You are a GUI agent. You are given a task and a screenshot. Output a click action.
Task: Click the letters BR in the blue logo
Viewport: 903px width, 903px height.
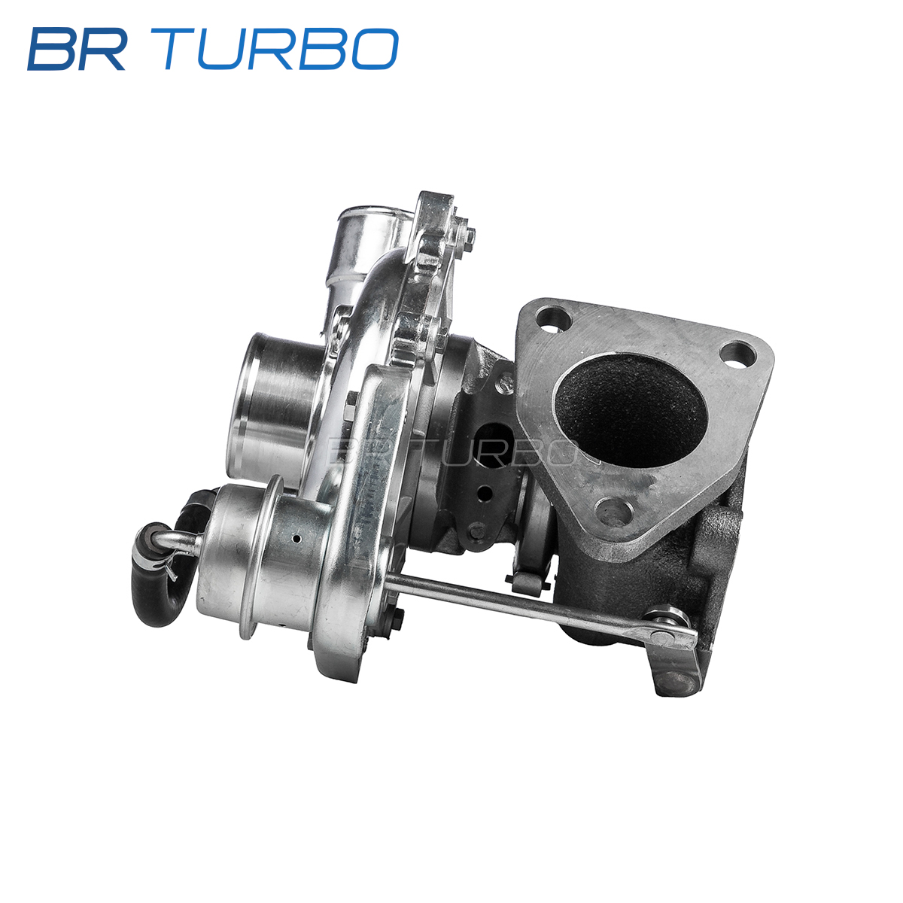tap(77, 49)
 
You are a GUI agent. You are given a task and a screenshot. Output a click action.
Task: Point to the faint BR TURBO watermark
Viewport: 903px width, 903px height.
tap(451, 451)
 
